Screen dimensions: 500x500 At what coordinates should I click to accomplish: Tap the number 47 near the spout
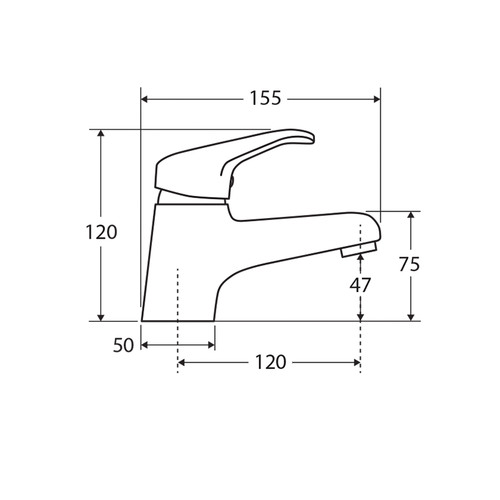click(x=360, y=285)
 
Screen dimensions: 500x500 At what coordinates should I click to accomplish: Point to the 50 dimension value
click(x=123, y=345)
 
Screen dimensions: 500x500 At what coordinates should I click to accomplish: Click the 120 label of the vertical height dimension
click(x=101, y=232)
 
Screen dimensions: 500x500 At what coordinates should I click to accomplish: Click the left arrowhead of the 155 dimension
click(x=147, y=99)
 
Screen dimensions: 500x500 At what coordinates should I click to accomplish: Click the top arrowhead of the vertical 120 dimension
click(x=101, y=135)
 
